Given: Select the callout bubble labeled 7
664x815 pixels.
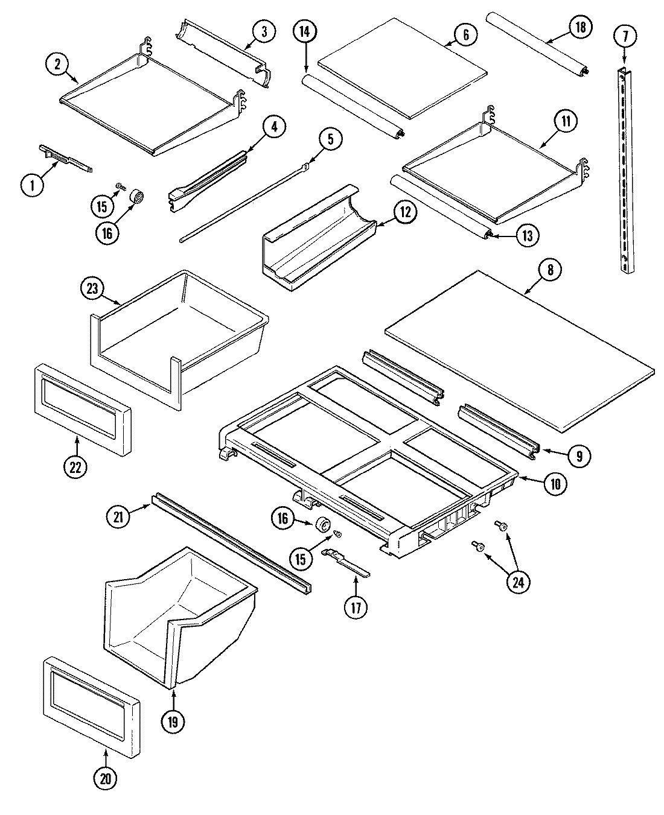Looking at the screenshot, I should [x=625, y=37].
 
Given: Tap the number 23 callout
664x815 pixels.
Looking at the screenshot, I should [x=92, y=288].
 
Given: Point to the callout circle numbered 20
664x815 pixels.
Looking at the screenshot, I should [x=106, y=779].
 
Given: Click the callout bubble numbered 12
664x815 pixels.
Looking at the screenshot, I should [x=405, y=212].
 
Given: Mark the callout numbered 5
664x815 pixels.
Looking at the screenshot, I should [x=330, y=139].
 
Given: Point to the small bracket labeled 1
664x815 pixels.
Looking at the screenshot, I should [x=65, y=158].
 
